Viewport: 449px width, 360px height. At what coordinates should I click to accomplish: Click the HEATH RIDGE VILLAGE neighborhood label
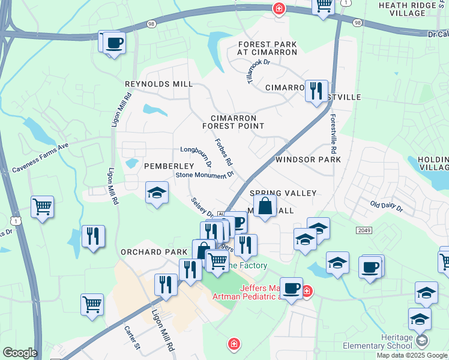coord(412,10)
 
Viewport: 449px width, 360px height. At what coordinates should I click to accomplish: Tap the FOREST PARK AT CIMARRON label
coord(267,48)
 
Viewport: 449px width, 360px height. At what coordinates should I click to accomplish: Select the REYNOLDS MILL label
coord(158,85)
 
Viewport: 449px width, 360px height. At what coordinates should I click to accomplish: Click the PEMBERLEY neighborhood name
coord(169,166)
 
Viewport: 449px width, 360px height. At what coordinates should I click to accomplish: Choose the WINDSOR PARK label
coord(308,160)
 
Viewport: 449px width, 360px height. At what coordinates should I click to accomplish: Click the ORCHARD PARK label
coord(150,252)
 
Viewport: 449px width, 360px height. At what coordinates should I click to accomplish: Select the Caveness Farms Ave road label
coord(40,158)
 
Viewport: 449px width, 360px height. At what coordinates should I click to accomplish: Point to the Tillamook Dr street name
coord(258,71)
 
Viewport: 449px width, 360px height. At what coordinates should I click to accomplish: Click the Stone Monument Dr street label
coord(203,175)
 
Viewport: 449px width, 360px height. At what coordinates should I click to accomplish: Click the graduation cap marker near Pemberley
coord(157,193)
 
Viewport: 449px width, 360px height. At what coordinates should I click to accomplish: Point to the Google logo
coord(19,353)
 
